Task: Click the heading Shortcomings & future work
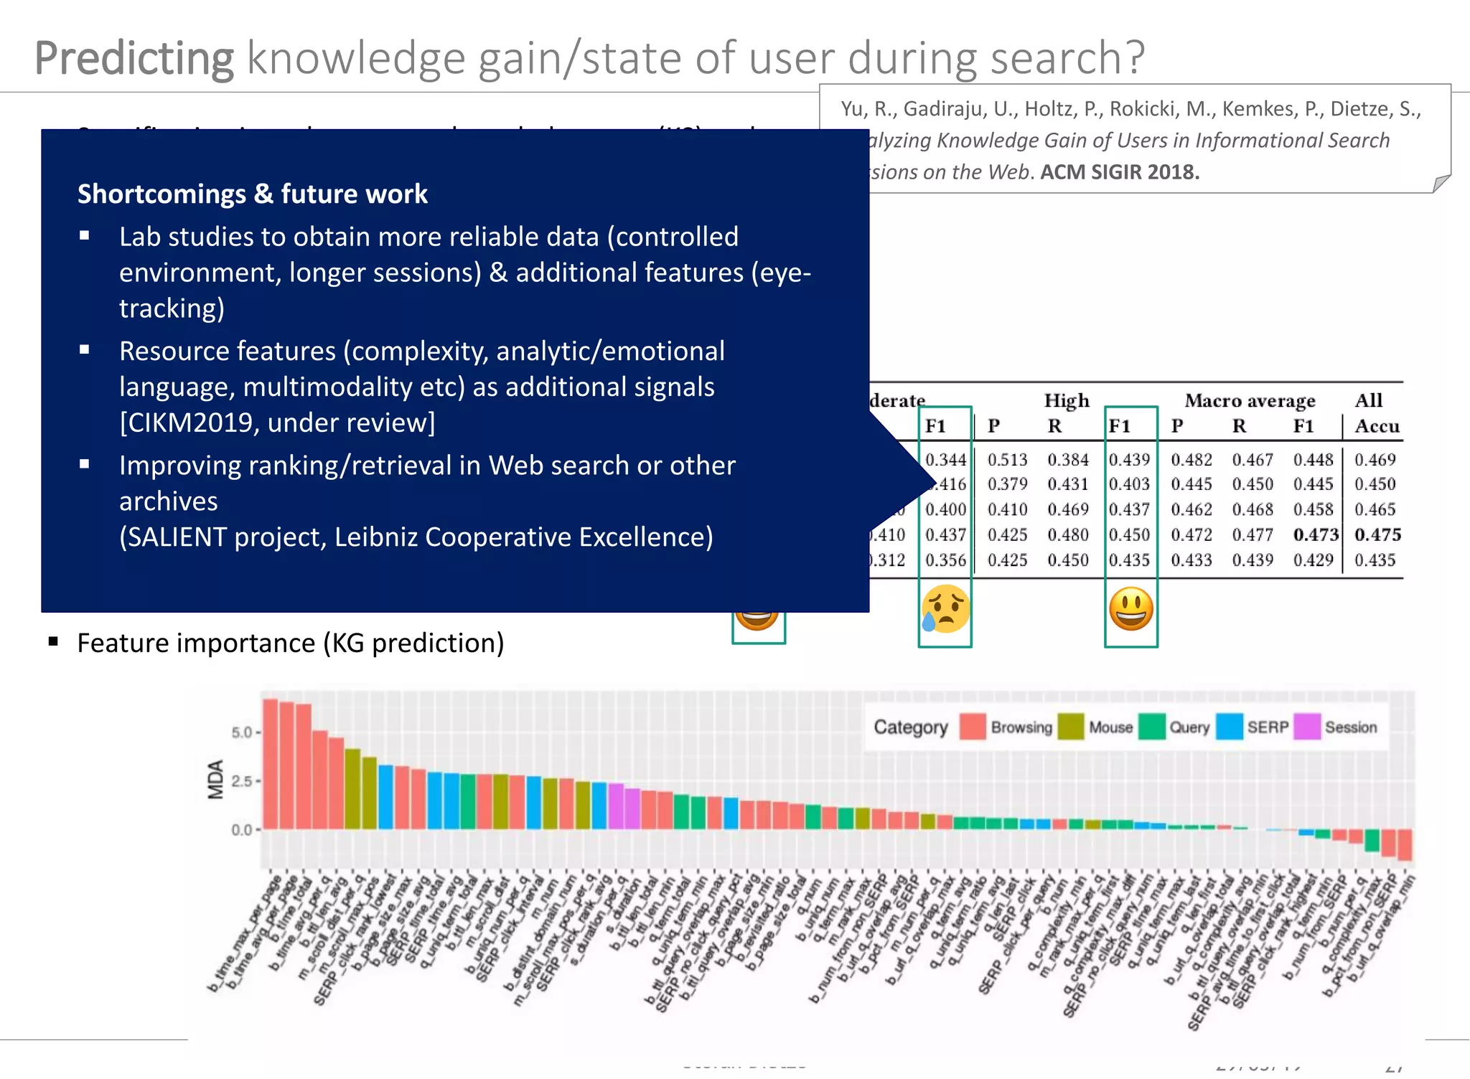(x=253, y=194)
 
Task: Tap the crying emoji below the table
(x=945, y=609)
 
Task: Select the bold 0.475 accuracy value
(x=1377, y=534)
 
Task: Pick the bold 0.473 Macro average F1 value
(x=1316, y=534)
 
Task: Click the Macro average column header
(x=1250, y=400)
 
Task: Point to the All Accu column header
(x=1376, y=413)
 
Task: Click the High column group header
(x=1066, y=400)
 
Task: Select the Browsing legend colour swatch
(x=973, y=727)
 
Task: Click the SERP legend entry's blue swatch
(x=1230, y=727)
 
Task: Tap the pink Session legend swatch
(x=1307, y=727)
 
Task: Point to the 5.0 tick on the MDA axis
(x=242, y=732)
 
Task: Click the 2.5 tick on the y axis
(x=242, y=781)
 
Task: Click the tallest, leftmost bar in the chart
(x=271, y=764)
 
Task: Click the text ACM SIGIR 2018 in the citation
(x=1120, y=172)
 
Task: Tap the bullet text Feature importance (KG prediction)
(x=291, y=643)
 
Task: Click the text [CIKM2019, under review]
(x=277, y=423)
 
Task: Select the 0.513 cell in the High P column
(x=1007, y=459)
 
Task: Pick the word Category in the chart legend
(x=910, y=727)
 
